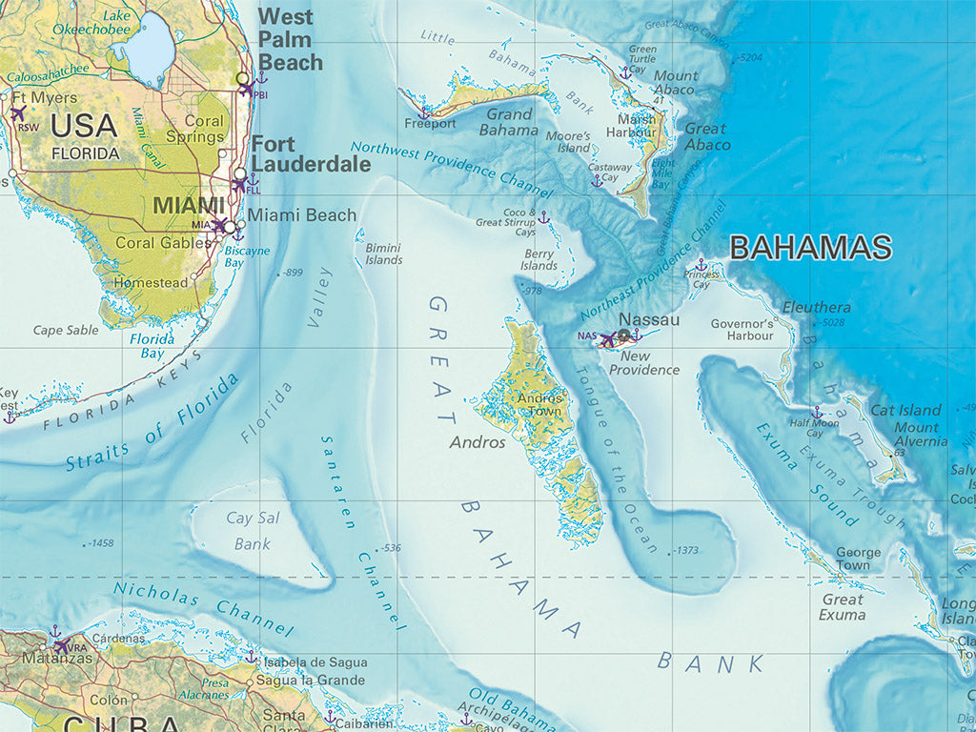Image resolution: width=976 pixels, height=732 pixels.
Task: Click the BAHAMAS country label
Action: click(x=810, y=248)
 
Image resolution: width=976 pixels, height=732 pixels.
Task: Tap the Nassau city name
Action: click(x=649, y=320)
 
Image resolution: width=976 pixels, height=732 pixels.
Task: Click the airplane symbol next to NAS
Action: click(x=607, y=338)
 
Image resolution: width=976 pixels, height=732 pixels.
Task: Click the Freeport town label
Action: click(x=430, y=124)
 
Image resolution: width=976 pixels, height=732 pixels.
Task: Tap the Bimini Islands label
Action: click(x=384, y=254)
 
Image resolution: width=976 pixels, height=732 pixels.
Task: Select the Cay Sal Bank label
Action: click(x=253, y=531)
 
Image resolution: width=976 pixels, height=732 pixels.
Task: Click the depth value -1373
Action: click(x=686, y=551)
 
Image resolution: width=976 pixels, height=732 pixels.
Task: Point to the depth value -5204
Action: click(x=751, y=58)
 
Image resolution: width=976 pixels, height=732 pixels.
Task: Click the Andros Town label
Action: click(x=539, y=405)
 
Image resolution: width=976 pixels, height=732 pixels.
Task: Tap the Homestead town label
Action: click(x=151, y=283)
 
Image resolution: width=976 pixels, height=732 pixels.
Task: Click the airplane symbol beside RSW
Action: click(x=16, y=112)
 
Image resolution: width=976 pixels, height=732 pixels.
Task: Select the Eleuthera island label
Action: click(x=816, y=307)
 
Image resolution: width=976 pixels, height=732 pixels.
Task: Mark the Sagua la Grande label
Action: click(x=312, y=681)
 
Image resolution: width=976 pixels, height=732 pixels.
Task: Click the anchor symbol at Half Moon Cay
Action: click(x=816, y=413)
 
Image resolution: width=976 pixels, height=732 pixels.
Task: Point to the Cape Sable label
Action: click(x=66, y=331)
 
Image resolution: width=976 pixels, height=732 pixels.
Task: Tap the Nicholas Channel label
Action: click(x=202, y=606)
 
